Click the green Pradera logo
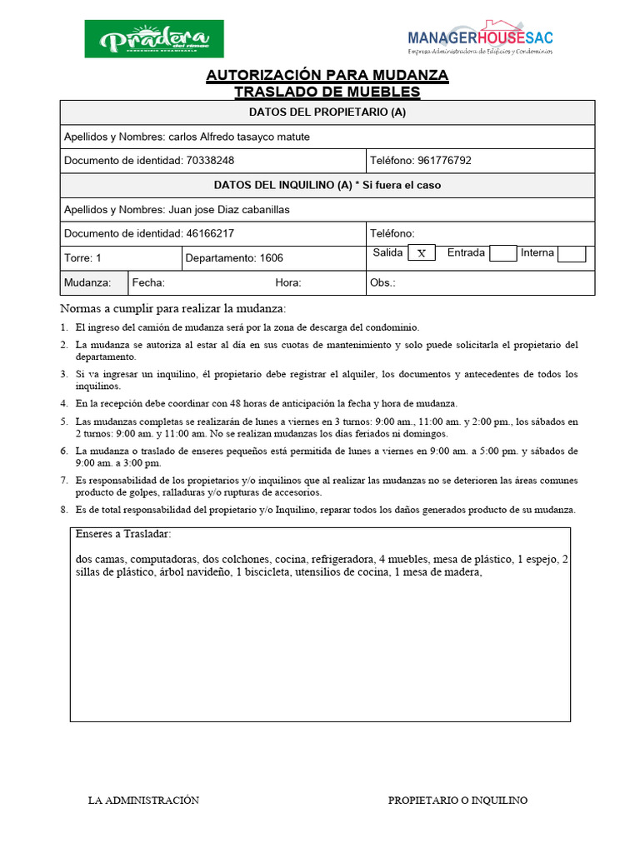click(x=154, y=39)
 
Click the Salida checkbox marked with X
click(x=421, y=253)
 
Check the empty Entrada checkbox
click(x=502, y=253)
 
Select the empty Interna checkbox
click(x=572, y=253)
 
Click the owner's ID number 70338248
click(x=209, y=161)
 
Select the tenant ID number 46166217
click(x=209, y=234)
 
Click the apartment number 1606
click(x=272, y=258)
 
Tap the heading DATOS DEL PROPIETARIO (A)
click(x=327, y=112)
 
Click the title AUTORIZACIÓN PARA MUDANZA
click(x=327, y=76)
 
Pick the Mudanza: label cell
click(x=87, y=283)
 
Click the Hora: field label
click(x=288, y=283)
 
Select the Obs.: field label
click(x=382, y=283)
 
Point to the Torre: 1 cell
click(x=82, y=258)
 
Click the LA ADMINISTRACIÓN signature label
click(x=143, y=801)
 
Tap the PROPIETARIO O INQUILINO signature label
click(x=457, y=801)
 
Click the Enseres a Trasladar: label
click(x=122, y=534)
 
